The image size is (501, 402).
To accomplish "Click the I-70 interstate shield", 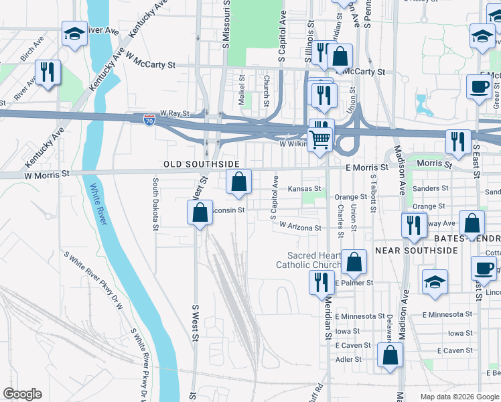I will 149,120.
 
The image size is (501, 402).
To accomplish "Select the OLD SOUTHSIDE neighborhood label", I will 202,163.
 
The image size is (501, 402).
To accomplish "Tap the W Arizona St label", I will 300,228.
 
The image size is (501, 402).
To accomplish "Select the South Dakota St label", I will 155,204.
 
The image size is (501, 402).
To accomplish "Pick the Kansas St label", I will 305,189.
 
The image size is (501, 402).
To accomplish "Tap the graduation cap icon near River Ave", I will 75,33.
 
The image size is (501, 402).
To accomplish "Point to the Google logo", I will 22,394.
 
